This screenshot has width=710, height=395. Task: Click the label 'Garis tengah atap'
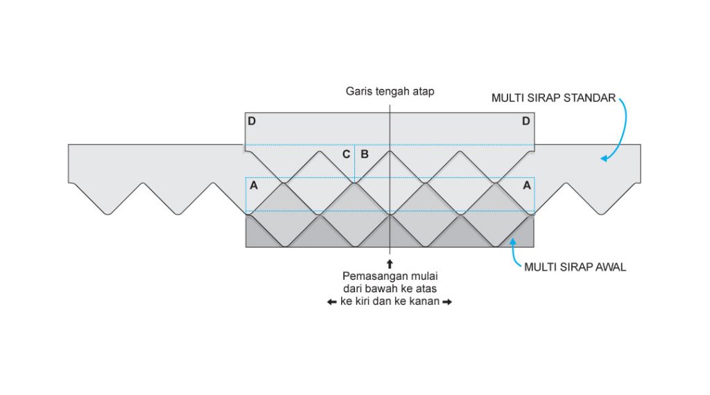click(x=390, y=92)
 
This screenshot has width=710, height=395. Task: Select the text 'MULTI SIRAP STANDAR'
click(x=553, y=98)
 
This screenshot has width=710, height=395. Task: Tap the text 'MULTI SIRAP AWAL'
click(x=575, y=267)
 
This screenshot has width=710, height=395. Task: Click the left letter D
click(x=252, y=121)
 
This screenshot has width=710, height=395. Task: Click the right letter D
click(x=526, y=121)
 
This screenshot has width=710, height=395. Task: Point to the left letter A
click(x=253, y=185)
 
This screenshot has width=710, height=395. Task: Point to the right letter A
click(x=526, y=185)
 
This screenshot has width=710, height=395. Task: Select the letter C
click(x=346, y=154)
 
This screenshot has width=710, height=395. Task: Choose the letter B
click(x=364, y=154)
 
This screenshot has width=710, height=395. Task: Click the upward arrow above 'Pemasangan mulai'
click(x=390, y=264)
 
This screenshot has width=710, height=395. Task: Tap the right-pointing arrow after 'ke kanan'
click(x=447, y=302)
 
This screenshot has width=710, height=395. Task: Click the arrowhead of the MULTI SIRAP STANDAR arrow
click(x=604, y=159)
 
